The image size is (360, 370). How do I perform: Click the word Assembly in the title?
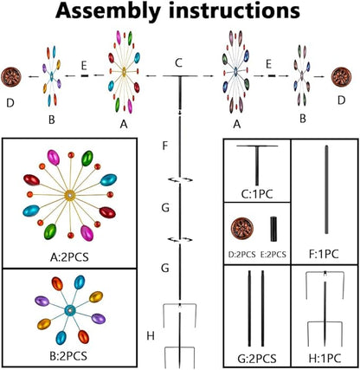pos(108,11)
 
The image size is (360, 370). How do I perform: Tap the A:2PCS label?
pos(69,256)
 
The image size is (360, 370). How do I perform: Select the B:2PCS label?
pos(68,356)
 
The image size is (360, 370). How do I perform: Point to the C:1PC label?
pos(257,194)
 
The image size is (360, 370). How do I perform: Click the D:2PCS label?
pos(241,255)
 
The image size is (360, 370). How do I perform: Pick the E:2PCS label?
pos(273,255)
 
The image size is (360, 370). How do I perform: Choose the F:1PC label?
pos(323,254)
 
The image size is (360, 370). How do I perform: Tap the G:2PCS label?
pos(257,359)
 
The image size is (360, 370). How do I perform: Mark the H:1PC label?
pos(325,359)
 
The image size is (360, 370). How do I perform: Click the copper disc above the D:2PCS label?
pos(242,230)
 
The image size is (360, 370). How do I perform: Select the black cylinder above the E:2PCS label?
pos(273,229)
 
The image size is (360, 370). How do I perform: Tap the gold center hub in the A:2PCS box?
pos(70,196)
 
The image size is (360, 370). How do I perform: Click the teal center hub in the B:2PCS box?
pos(69,310)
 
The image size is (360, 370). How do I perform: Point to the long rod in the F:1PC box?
pos(326,190)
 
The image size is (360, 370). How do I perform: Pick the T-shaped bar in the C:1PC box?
pos(257,166)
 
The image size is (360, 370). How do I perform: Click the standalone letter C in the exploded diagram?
pos(179,63)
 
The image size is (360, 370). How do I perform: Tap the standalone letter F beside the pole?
pos(165,146)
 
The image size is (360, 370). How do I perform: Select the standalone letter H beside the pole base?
pos(151,336)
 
